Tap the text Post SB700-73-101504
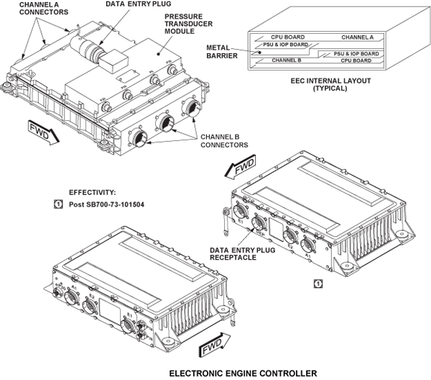pyautogui.click(x=106, y=204)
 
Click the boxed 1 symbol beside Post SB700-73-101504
pyautogui.click(x=58, y=204)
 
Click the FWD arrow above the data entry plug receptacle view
pyautogui.click(x=238, y=170)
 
